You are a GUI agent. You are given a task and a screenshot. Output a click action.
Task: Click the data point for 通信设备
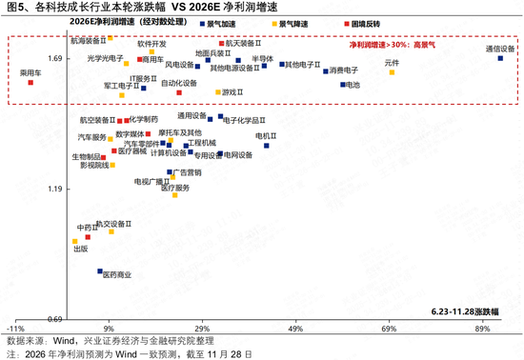[500, 58]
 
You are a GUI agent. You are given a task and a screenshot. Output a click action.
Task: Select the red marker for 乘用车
[30, 83]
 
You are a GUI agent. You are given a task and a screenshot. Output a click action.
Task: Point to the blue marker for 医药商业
[99, 271]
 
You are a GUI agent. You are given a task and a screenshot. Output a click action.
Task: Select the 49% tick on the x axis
[295, 329]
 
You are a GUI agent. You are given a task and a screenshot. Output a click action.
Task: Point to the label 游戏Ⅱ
[232, 92]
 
